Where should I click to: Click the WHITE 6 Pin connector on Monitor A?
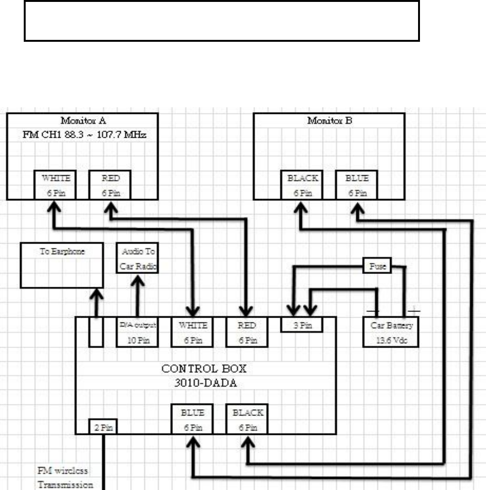click(x=56, y=186)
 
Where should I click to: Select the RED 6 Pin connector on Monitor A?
click(x=110, y=186)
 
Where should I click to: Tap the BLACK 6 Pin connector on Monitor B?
click(x=302, y=186)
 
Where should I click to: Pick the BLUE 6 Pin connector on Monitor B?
click(x=356, y=186)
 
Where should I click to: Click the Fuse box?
click(x=377, y=266)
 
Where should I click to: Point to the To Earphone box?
click(x=62, y=265)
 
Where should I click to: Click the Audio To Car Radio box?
click(x=138, y=258)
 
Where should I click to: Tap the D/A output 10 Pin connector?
click(x=137, y=332)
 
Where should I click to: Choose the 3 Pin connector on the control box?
click(x=302, y=325)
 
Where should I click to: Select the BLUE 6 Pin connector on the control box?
click(x=192, y=419)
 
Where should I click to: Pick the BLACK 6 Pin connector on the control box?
click(x=247, y=419)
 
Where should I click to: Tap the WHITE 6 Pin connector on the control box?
click(x=192, y=332)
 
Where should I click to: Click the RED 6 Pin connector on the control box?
click(x=247, y=332)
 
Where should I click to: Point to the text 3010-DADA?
click(x=206, y=383)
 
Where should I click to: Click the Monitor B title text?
click(x=329, y=121)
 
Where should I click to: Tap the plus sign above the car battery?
click(x=414, y=310)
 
